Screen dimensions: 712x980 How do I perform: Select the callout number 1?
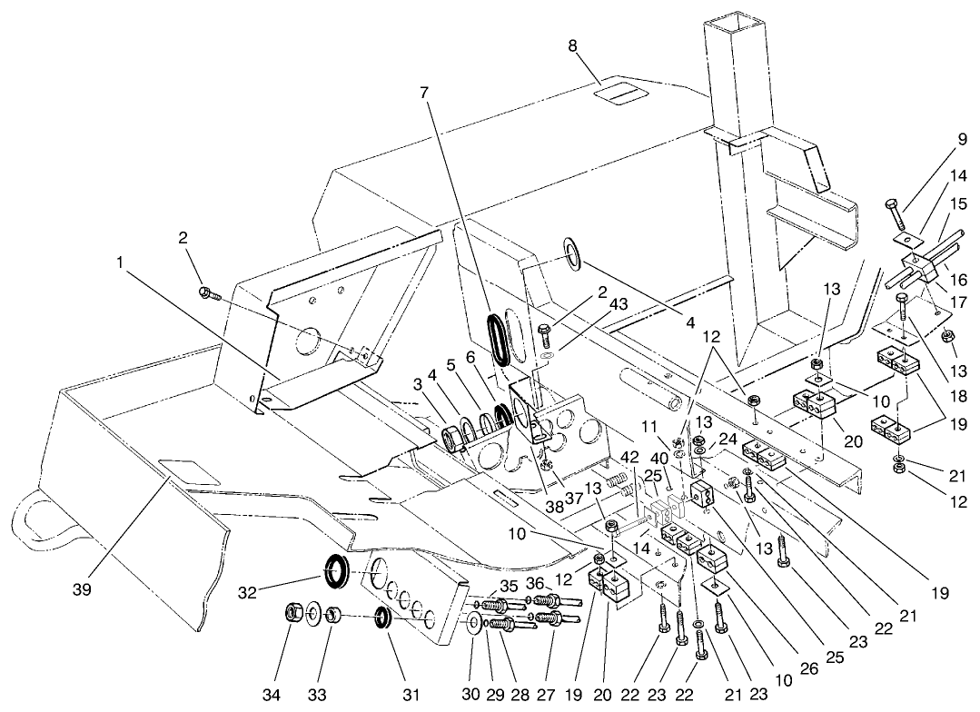tap(120, 262)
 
